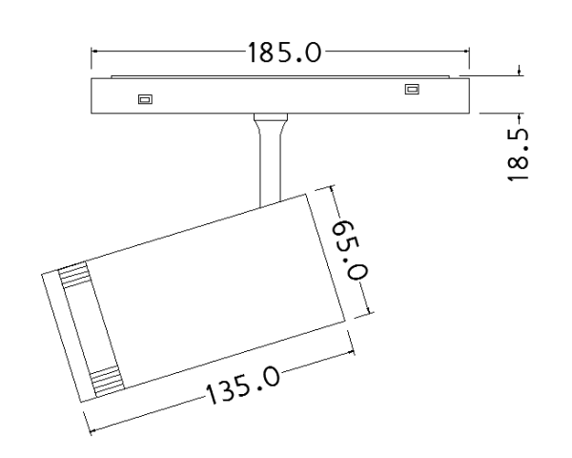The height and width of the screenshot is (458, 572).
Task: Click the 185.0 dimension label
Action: pyautogui.click(x=284, y=52)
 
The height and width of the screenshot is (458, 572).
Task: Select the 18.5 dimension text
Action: pyautogui.click(x=518, y=155)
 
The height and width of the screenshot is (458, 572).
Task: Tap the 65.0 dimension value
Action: pyautogui.click(x=350, y=250)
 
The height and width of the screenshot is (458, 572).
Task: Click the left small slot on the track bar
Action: pyautogui.click(x=145, y=99)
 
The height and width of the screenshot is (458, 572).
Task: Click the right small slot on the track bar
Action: pyautogui.click(x=412, y=89)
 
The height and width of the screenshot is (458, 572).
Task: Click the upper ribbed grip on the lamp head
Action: pyautogui.click(x=74, y=275)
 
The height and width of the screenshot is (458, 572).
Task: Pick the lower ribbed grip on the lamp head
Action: pyautogui.click(x=107, y=382)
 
